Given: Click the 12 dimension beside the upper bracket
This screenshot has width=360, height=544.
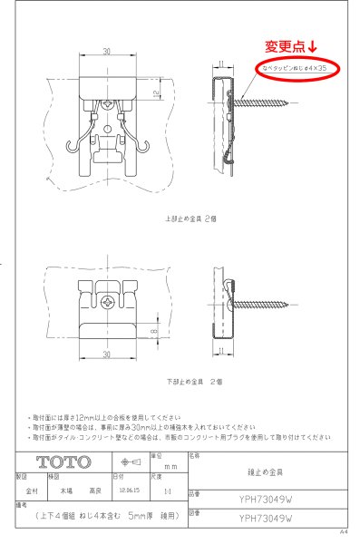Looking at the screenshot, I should [x=155, y=92].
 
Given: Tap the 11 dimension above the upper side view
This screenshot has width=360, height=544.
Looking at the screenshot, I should [x=221, y=63].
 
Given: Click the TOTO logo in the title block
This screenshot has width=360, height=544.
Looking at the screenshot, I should [x=63, y=461].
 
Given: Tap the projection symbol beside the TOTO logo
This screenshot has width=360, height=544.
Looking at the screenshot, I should [x=129, y=461].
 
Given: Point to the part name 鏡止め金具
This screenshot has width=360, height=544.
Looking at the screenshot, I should [x=261, y=472].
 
